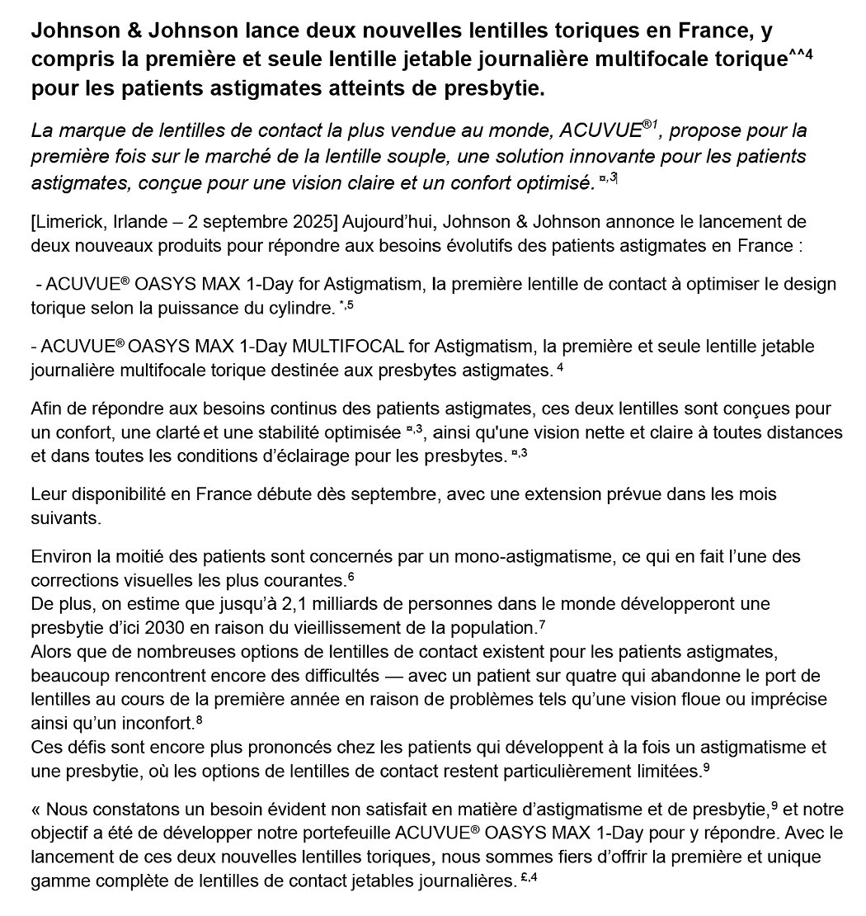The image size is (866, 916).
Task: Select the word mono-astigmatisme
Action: [480, 555]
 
